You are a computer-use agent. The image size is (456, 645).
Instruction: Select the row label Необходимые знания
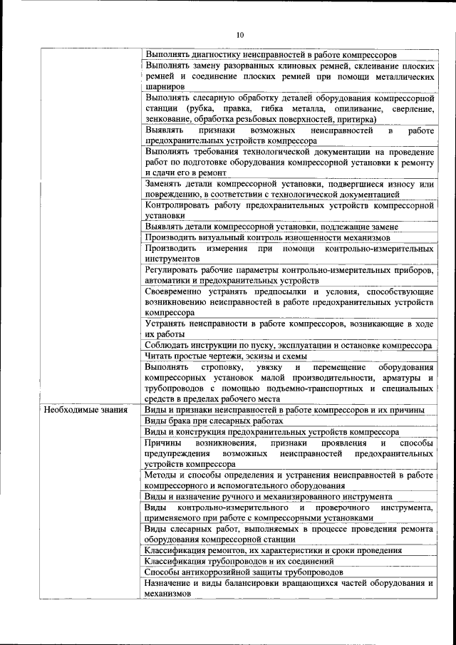pos(85,410)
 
